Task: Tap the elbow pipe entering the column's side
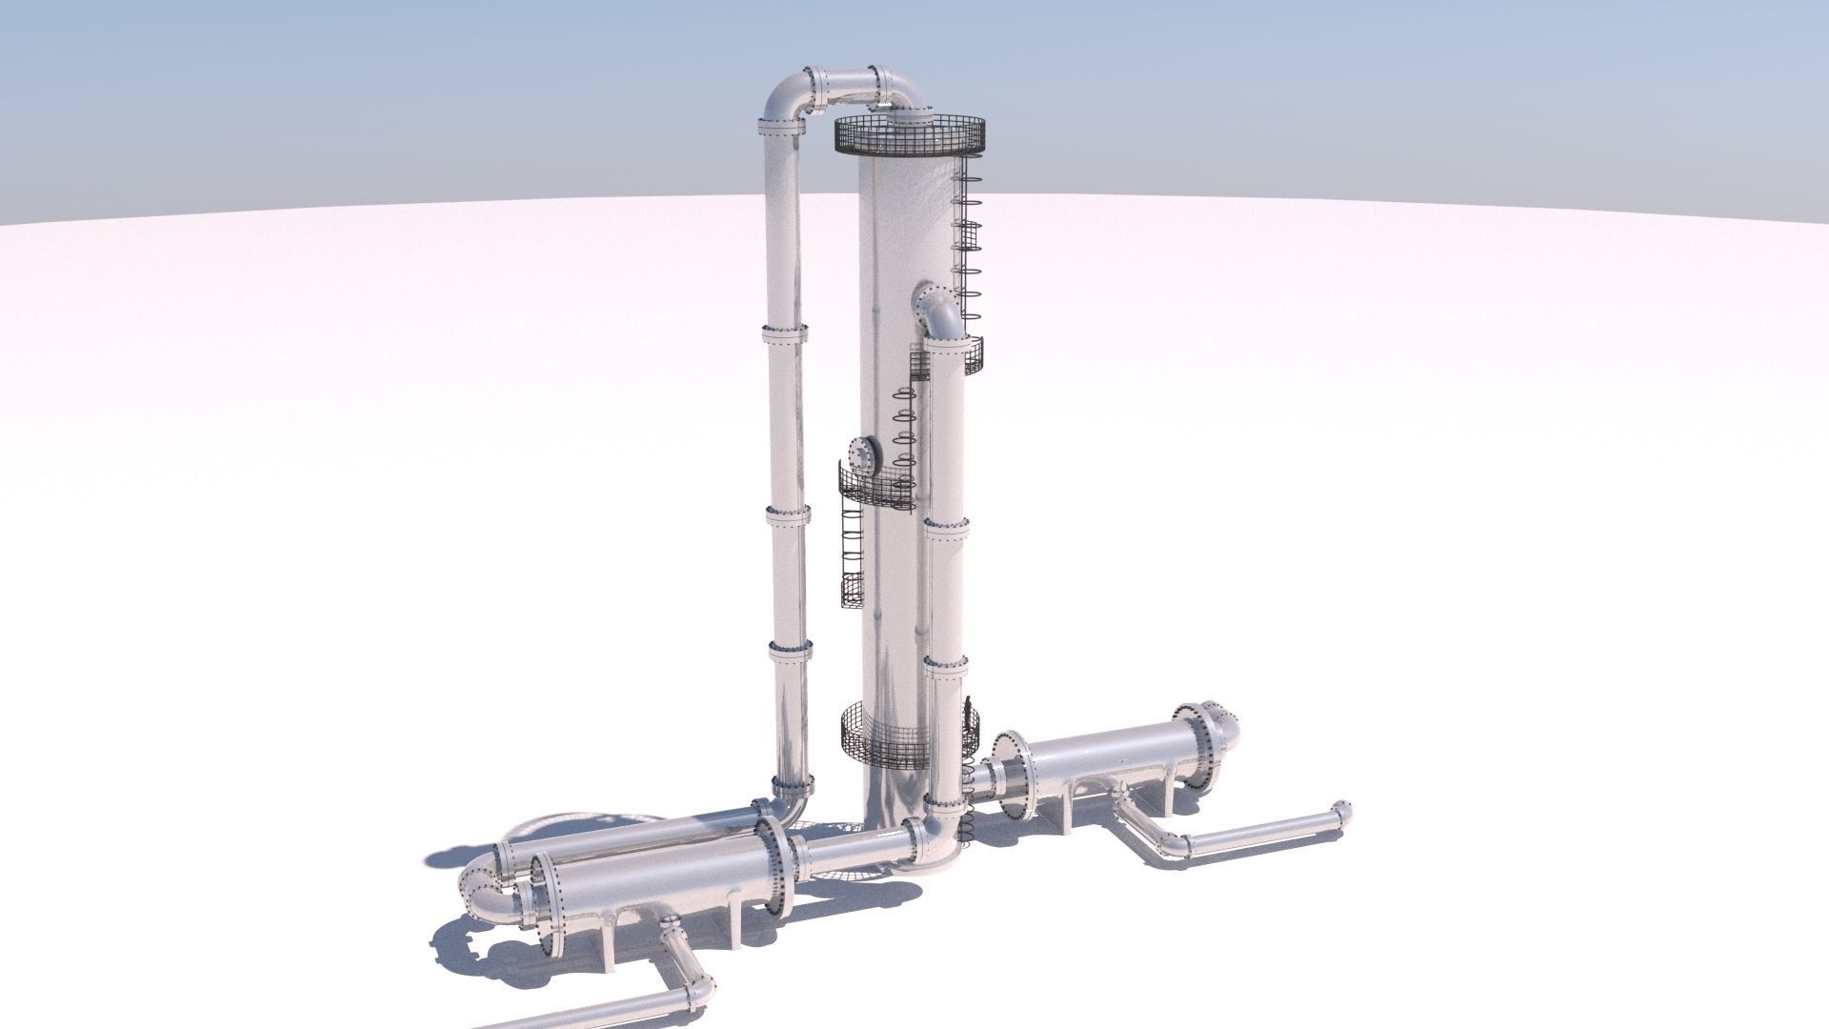tap(935, 312)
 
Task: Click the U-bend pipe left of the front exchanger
tap(484, 886)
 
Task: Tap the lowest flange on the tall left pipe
tap(793, 786)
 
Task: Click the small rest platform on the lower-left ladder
tap(852, 589)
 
